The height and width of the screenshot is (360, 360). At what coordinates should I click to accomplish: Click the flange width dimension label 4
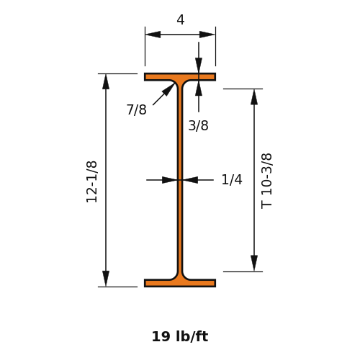[181, 20]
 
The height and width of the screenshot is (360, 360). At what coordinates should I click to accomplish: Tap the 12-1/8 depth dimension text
[91, 182]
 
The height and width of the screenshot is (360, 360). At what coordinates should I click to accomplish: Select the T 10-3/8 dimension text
[266, 181]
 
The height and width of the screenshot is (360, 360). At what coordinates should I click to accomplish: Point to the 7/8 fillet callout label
[137, 109]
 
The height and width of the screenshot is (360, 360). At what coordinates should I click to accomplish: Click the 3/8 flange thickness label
[198, 125]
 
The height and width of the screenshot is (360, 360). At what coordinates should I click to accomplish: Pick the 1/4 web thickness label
[232, 179]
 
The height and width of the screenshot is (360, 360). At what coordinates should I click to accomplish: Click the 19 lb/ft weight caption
[180, 336]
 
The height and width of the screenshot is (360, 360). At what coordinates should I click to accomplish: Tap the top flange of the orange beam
[180, 77]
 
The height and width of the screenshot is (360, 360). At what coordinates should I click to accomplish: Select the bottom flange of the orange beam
[180, 283]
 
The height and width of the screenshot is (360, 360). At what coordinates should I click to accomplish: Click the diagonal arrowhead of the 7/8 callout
[168, 89]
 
